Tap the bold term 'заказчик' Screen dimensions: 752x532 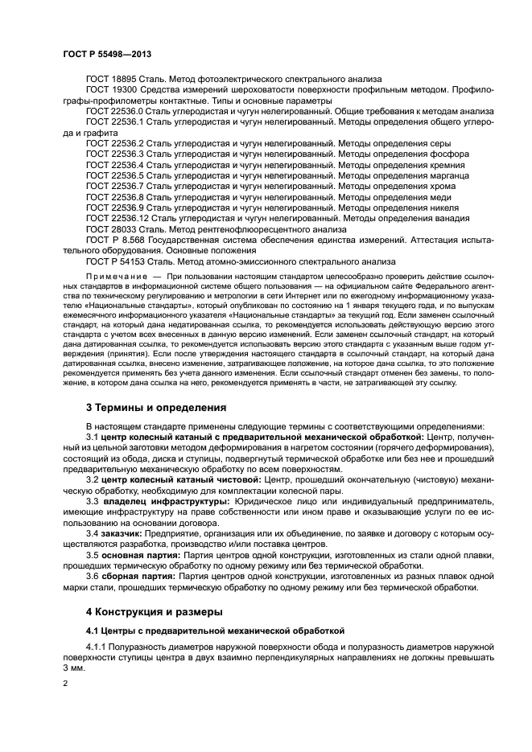122,532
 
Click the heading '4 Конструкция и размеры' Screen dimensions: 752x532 154,610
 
